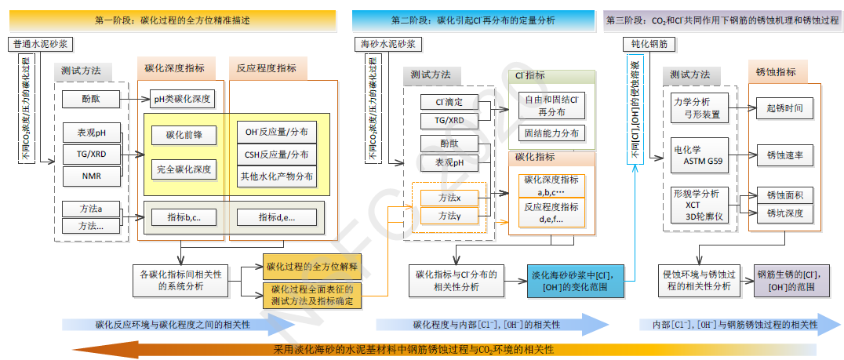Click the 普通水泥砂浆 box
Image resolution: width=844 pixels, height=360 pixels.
coord(42,45)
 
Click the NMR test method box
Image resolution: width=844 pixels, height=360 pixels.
coord(91,176)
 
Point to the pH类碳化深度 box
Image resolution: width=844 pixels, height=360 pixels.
coord(182,100)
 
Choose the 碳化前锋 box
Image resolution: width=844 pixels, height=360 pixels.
coord(184,135)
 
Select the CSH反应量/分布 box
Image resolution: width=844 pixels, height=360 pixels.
coord(277,155)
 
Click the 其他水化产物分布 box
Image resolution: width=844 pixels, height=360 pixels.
coord(277,176)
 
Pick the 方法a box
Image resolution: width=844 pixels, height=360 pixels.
coord(91,209)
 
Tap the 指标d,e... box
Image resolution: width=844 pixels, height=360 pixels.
coord(277,217)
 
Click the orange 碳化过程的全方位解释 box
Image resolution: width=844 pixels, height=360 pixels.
coord(311,267)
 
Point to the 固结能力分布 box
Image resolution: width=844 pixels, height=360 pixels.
coord(551,133)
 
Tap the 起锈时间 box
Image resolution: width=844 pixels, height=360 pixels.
coord(785,107)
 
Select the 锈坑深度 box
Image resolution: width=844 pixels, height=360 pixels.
coord(785,213)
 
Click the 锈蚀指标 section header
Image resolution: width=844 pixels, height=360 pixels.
coord(776,72)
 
